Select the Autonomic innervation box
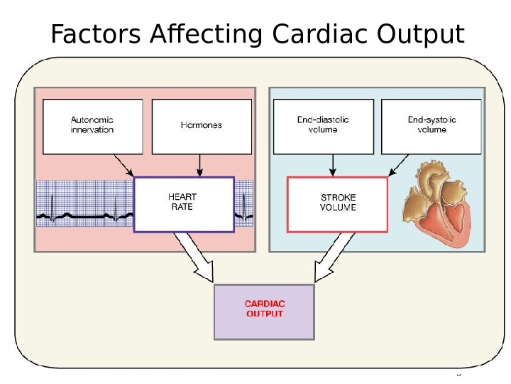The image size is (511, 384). click(92, 126)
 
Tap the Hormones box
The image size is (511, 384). click(202, 126)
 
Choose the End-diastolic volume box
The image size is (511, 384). click(323, 126)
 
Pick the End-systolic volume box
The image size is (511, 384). click(432, 126)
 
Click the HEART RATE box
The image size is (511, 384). click(183, 204)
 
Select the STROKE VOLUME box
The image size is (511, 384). click(337, 204)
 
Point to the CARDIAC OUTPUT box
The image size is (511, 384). click(264, 311)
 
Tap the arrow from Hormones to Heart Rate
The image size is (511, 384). click(201, 165)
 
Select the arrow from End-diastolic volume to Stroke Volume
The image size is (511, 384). click(331, 165)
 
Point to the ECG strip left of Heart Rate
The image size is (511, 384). click(84, 204)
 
